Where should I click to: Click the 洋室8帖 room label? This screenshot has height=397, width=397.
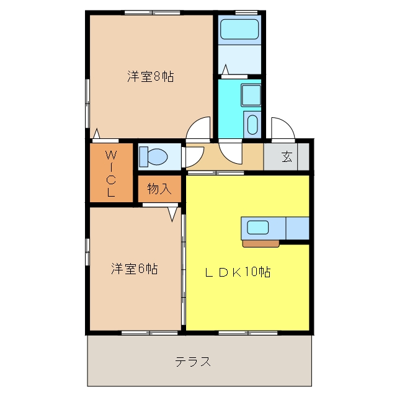(150, 76)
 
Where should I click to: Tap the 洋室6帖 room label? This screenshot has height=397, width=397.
(135, 269)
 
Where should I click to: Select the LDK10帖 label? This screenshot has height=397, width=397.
(238, 272)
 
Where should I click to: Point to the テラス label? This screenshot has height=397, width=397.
(193, 361)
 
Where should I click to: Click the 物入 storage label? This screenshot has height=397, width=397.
(159, 189)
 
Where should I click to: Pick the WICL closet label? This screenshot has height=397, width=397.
(111, 174)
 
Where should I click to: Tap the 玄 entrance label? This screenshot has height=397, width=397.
(287, 156)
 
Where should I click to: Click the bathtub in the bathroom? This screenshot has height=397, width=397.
(239, 29)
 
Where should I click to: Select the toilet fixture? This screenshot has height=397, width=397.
(154, 157)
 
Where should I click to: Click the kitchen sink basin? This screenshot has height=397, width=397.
(258, 228)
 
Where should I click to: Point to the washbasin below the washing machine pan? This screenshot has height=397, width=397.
(252, 125)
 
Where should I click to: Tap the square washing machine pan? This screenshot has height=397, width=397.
(251, 95)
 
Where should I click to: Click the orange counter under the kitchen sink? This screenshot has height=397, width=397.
(261, 244)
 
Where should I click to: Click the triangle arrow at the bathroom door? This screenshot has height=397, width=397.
(225, 69)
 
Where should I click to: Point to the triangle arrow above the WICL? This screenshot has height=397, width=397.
(97, 133)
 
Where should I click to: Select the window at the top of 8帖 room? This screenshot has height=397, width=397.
(152, 12)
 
